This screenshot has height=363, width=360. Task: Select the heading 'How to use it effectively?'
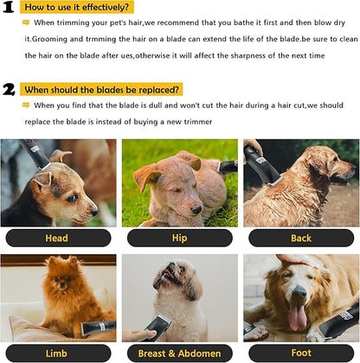pos(78,7)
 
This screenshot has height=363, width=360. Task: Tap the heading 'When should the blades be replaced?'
pos(102,89)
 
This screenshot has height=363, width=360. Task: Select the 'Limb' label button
pos(57,353)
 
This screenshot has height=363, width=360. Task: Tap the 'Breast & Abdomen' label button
pos(179,353)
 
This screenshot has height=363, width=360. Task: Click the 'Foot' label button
pos(301,353)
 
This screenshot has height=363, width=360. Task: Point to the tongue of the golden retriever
pos(298,316)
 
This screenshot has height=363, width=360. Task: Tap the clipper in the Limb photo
pos(97,328)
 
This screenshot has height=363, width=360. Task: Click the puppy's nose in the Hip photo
pos(198,209)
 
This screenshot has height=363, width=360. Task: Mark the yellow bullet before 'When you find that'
pos(26,105)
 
